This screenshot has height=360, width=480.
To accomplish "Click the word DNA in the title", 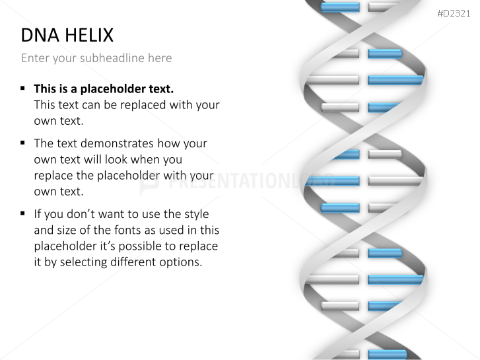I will click(38, 35).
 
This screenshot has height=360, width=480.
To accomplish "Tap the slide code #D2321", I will click(454, 14).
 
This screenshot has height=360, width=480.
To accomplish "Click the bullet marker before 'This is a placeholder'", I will click(23, 88).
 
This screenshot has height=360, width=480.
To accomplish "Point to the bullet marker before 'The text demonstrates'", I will click(23, 143).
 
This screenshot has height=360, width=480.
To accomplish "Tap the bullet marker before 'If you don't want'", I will click(23, 213).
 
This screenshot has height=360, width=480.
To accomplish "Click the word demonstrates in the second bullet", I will click(112, 143).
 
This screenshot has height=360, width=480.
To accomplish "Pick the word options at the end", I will click(184, 262).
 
